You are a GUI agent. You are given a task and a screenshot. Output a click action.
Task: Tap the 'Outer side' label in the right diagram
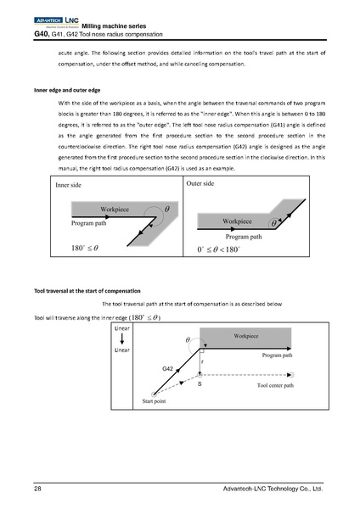[200, 183]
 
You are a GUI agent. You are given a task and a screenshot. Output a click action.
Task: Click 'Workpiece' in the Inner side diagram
[115, 208]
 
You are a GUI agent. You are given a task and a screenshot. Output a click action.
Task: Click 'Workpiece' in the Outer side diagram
[239, 221]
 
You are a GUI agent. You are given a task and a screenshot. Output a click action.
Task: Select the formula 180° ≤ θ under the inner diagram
[85, 249]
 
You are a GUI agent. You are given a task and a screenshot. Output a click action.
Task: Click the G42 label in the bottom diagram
[169, 370]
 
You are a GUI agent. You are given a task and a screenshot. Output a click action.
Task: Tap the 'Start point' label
[155, 400]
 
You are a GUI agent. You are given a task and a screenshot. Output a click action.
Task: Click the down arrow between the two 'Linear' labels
[121, 338]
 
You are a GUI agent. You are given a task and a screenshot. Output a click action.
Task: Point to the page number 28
[38, 489]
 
